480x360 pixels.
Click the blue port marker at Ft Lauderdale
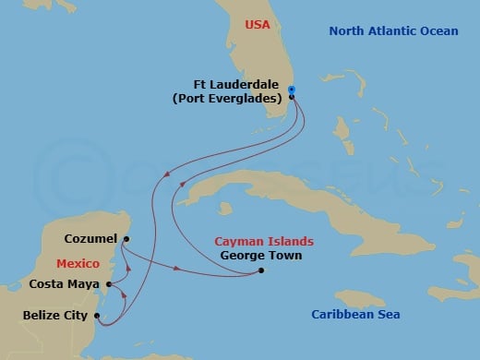click(x=292, y=90)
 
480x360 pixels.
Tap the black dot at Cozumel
click(x=126, y=238)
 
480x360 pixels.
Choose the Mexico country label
click(x=77, y=263)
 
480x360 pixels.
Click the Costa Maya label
click(x=66, y=284)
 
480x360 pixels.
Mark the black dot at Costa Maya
click(x=109, y=284)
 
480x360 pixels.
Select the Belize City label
click(x=55, y=316)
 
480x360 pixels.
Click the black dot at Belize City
click(x=96, y=316)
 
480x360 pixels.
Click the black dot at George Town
click(x=262, y=270)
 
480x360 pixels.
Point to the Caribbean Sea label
click(x=354, y=315)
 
